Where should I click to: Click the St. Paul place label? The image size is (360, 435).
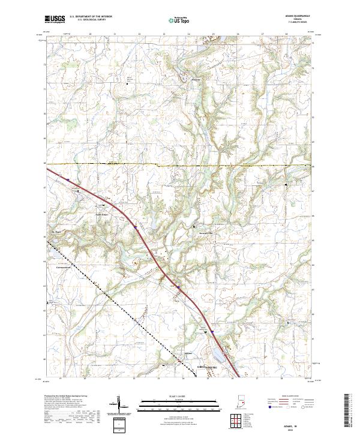tap(58, 231)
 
